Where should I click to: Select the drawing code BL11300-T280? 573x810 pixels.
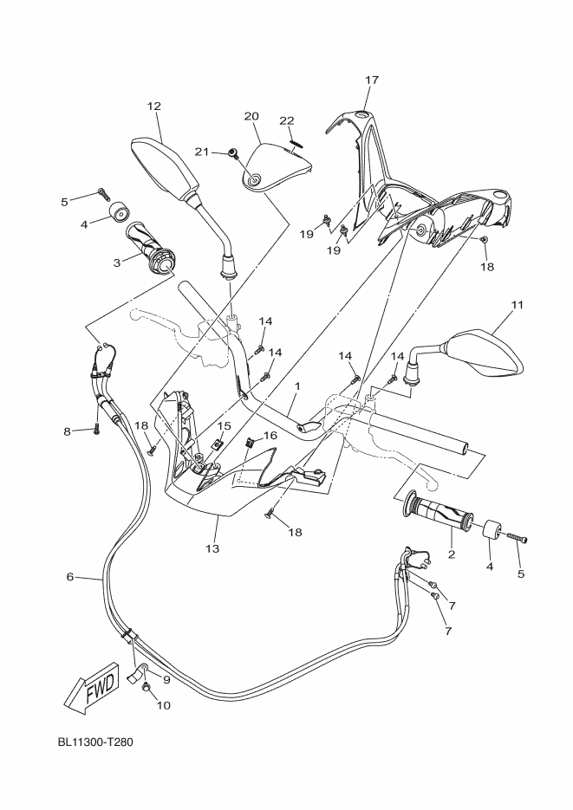pyautogui.click(x=95, y=742)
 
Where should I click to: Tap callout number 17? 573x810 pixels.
pyautogui.click(x=372, y=81)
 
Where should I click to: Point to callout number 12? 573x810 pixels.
pyautogui.click(x=154, y=107)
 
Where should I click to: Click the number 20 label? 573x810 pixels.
pyautogui.click(x=251, y=116)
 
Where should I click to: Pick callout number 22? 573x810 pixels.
pyautogui.click(x=287, y=120)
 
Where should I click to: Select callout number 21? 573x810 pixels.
pyautogui.click(x=201, y=152)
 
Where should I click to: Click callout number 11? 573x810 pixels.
pyautogui.click(x=518, y=305)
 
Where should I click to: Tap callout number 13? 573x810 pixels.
pyautogui.click(x=212, y=548)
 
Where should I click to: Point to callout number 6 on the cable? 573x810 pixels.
pyautogui.click(x=70, y=576)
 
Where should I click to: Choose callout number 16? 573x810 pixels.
pyautogui.click(x=270, y=435)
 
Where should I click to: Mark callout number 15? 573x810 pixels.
pyautogui.click(x=224, y=426)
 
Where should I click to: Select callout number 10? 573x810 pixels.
pyautogui.click(x=164, y=704)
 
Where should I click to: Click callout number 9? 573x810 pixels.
pyautogui.click(x=166, y=680)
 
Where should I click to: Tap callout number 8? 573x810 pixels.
pyautogui.click(x=67, y=431)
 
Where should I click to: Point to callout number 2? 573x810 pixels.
pyautogui.click(x=451, y=552)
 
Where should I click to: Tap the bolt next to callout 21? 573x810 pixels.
pyautogui.click(x=233, y=153)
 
